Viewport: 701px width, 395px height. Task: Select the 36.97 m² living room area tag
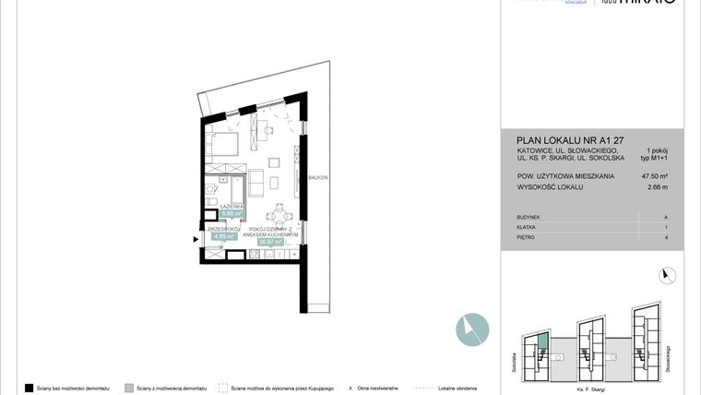pos(272,242)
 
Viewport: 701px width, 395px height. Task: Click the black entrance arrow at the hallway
pos(195,240)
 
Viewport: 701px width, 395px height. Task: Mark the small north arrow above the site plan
pos(668,273)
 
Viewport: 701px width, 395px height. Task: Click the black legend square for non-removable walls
pos(29,388)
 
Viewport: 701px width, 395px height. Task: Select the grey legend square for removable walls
pos(129,388)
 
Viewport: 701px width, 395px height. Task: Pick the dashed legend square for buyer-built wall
pos(223,388)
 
